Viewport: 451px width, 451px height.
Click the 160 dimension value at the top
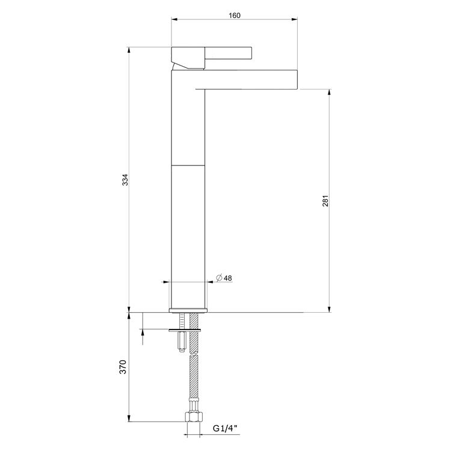235,16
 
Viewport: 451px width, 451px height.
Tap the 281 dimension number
325,201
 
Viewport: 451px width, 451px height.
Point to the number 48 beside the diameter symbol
229,278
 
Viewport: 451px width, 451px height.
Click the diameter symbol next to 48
219,278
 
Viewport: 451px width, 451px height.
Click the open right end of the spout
297,80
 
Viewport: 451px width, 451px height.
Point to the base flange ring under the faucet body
189,310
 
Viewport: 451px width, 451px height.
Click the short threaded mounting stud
181,342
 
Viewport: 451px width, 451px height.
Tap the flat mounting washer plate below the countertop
186,330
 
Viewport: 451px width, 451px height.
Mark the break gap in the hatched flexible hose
194,354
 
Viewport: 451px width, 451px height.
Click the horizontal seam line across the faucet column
189,165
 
